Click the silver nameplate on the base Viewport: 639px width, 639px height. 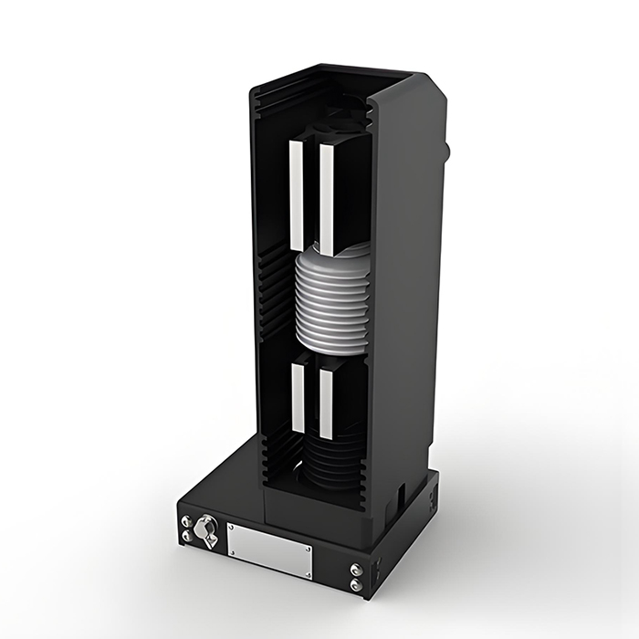coord(268,550)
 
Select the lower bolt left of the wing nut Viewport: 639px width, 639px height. coord(188,538)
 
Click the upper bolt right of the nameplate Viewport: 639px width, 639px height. coord(355,569)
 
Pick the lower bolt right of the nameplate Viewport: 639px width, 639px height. coord(355,585)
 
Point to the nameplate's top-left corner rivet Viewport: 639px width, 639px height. coord(232,529)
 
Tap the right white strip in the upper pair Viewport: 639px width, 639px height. coord(326,199)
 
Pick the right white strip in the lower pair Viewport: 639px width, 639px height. coord(326,403)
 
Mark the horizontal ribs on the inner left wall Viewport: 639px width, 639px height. coord(273,283)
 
